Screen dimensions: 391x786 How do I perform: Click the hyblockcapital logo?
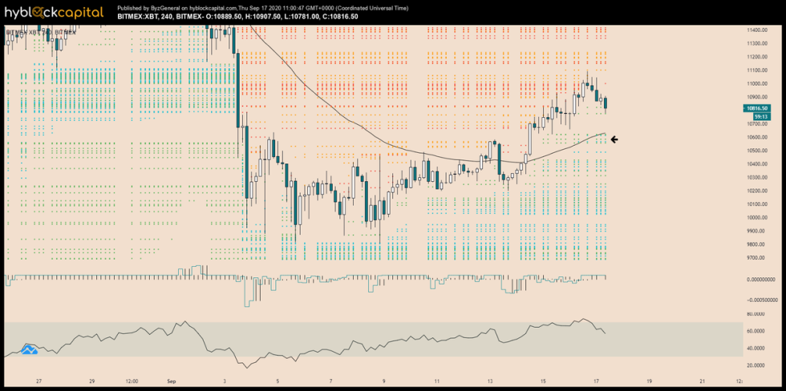[54, 12]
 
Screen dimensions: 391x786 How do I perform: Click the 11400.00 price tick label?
[759, 30]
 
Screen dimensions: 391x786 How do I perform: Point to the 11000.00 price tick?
[759, 84]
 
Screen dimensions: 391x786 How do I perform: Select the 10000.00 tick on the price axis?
[759, 218]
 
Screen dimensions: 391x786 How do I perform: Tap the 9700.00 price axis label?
[759, 258]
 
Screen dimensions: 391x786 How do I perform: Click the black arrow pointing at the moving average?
[614, 139]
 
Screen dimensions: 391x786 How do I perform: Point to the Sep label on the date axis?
[171, 381]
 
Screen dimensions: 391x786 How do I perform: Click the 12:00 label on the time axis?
[132, 381]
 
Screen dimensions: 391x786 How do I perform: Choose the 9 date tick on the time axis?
[383, 381]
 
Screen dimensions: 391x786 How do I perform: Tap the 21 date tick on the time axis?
[703, 381]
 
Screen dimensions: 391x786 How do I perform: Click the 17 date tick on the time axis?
[596, 381]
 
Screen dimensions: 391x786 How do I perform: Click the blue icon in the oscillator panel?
[30, 349]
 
